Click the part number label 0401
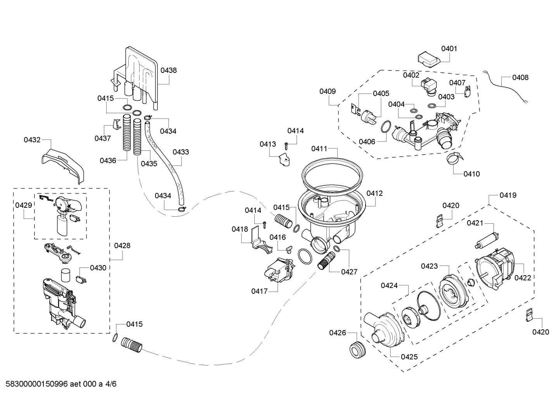click(449, 49)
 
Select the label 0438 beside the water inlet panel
click(169, 70)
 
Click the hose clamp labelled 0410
click(453, 159)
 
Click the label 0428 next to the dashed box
click(122, 245)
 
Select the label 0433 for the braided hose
click(181, 152)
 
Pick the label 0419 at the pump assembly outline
click(508, 195)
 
